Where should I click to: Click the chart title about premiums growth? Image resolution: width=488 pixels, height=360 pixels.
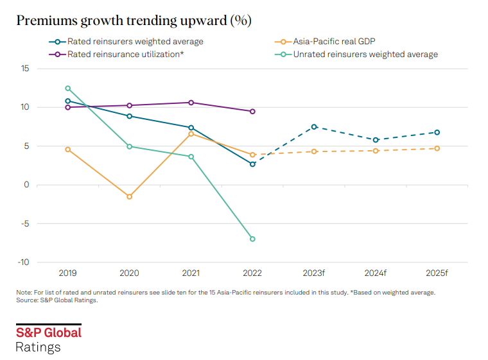tap(134, 21)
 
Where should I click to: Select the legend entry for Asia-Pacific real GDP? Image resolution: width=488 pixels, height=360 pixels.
tap(334, 42)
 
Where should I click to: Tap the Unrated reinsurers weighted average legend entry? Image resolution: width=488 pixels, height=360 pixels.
tap(365, 55)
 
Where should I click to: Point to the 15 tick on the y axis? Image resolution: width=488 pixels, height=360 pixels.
tap(25, 68)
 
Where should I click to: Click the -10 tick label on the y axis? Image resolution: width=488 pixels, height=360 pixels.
tap(23, 262)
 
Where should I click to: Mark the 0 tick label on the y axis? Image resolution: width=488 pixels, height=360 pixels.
tap(28, 185)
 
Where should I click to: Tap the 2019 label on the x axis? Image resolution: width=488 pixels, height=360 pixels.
tap(67, 273)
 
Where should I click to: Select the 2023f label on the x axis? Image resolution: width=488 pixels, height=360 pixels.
tap(314, 273)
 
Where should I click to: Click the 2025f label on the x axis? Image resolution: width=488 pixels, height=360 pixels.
tap(437, 273)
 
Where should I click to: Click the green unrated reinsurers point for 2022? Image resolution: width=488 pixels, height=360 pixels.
tap(252, 239)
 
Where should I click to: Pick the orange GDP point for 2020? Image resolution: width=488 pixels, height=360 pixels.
tap(129, 196)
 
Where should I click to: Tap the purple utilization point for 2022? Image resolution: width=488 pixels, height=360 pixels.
tap(252, 111)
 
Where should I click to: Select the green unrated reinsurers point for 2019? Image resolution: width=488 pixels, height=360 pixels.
tap(67, 89)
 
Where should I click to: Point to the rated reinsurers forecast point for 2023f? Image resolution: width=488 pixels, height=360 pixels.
tap(314, 126)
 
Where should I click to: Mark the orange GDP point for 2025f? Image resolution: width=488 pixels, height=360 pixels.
tap(437, 148)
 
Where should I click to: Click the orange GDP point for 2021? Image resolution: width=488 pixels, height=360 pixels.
tap(191, 133)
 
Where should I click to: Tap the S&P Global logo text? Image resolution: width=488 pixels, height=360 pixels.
tap(49, 332)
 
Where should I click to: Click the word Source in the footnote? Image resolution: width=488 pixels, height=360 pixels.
tap(27, 300)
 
